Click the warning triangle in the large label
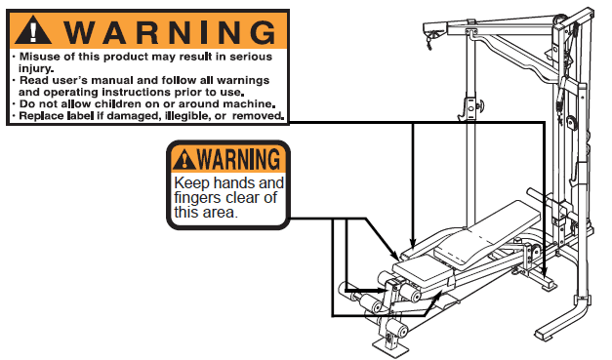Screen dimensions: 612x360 (33, 30)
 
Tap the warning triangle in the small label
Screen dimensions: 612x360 (184, 160)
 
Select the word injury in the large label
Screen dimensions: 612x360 (35, 69)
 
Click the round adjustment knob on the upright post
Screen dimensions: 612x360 (479, 105)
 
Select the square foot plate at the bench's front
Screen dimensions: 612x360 (387, 345)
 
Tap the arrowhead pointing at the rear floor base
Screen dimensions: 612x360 (545, 271)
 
